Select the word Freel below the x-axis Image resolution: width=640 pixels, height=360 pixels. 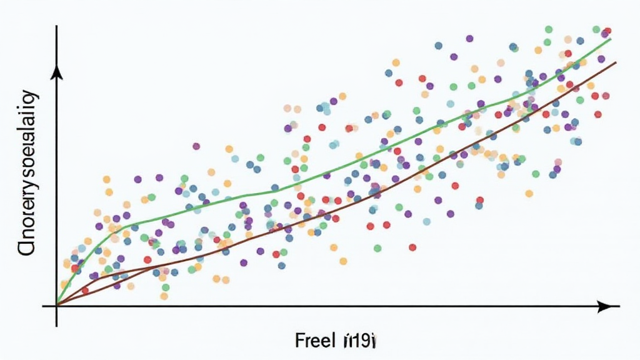tap(315, 341)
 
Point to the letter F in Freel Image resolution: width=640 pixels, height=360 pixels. tap(300, 341)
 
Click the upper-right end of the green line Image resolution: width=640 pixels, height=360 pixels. tap(610, 39)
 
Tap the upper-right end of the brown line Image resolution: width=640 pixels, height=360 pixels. tap(616, 62)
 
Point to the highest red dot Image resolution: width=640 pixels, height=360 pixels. tap(607, 31)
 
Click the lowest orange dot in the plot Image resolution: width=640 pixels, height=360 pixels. tap(164, 296)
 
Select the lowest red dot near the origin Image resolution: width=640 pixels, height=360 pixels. tap(85, 290)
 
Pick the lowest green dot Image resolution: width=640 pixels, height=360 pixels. tap(166, 287)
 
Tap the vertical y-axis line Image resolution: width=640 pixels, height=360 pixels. tap(57, 187)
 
